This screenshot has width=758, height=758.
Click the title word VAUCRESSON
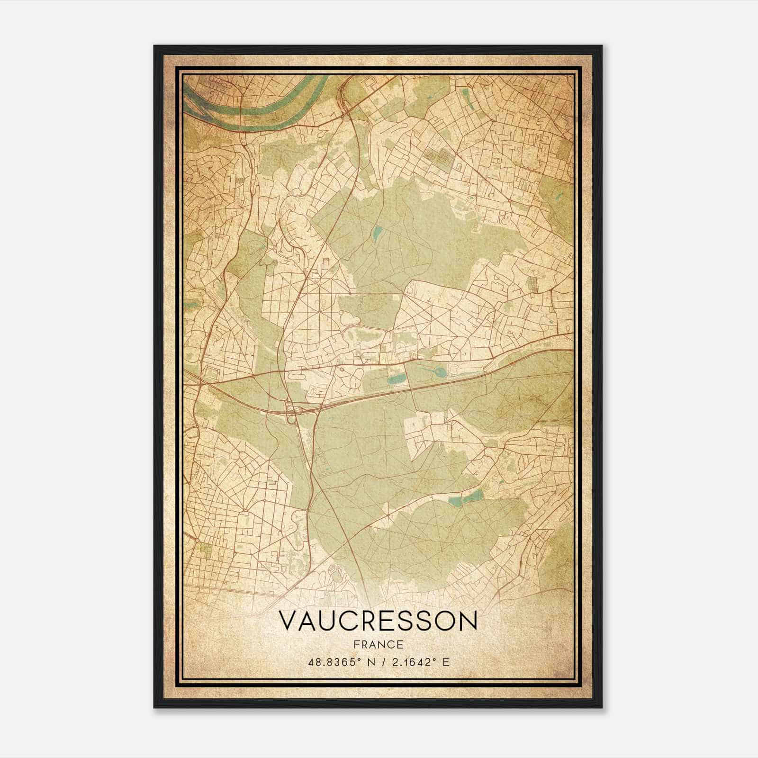click(x=378, y=620)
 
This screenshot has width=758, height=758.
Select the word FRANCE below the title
click(x=378, y=644)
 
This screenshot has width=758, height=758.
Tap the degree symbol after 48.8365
click(x=356, y=660)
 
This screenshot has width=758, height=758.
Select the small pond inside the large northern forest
click(x=378, y=232)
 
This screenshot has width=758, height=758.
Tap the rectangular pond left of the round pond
click(x=397, y=379)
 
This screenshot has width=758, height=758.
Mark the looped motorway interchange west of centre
click(x=291, y=408)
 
